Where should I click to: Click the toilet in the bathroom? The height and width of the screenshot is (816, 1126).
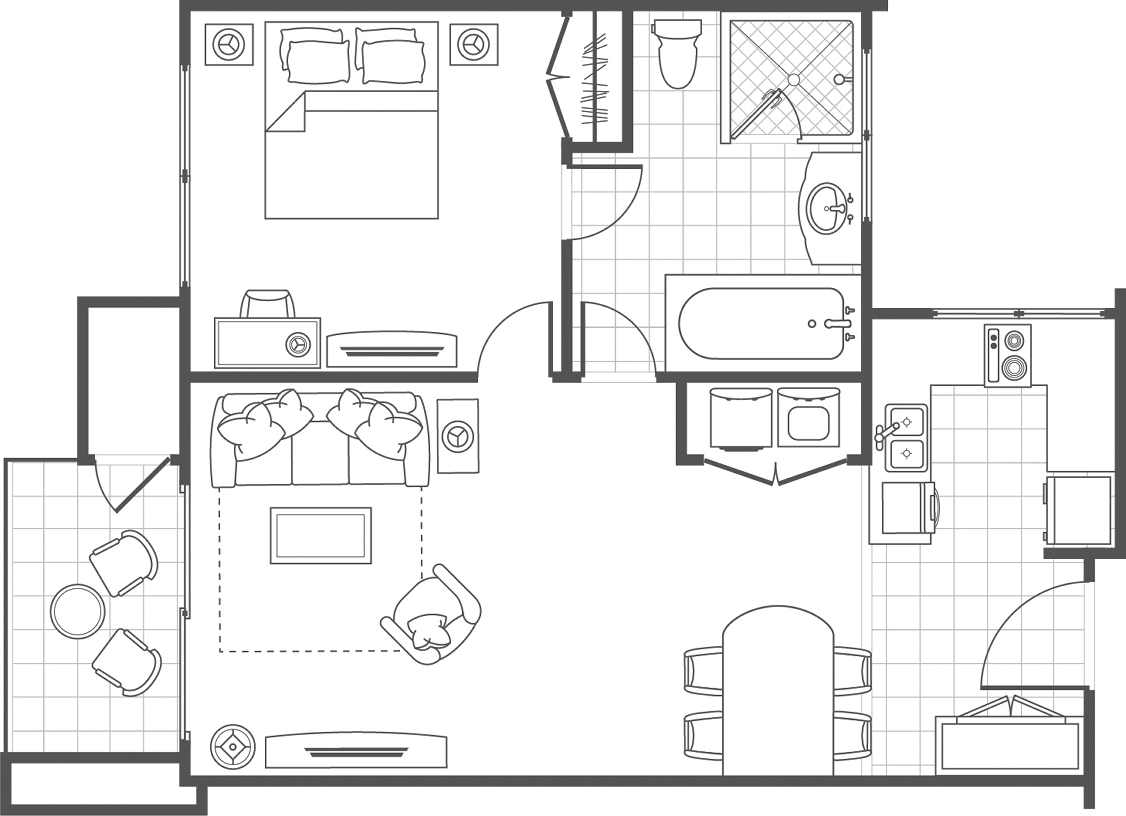click(x=677, y=55)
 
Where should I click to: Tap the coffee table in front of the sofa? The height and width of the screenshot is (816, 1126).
click(x=321, y=535)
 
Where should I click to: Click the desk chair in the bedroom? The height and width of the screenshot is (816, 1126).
click(x=268, y=304)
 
